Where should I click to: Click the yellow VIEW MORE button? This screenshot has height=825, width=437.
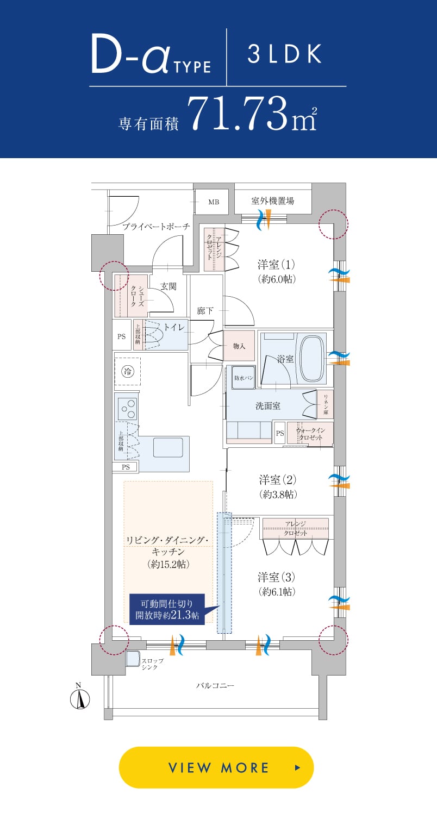[216, 767]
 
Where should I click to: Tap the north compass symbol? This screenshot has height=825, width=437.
[80, 698]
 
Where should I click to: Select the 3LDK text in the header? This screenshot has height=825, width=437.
[284, 55]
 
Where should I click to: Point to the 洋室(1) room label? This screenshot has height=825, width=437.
[276, 265]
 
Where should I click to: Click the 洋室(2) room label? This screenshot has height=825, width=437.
[277, 480]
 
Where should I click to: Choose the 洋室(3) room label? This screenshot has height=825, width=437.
[277, 577]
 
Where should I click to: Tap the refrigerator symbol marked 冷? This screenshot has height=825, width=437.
[127, 372]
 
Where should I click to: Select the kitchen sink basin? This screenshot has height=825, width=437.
[168, 447]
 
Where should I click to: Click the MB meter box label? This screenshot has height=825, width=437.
[214, 202]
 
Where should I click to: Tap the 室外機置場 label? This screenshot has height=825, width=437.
[272, 201]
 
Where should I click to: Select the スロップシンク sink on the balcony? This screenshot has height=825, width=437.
[133, 658]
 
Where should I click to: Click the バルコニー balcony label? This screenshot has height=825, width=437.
[215, 686]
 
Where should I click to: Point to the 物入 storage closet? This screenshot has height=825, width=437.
[239, 346]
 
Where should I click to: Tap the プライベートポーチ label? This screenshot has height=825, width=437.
[156, 227]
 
